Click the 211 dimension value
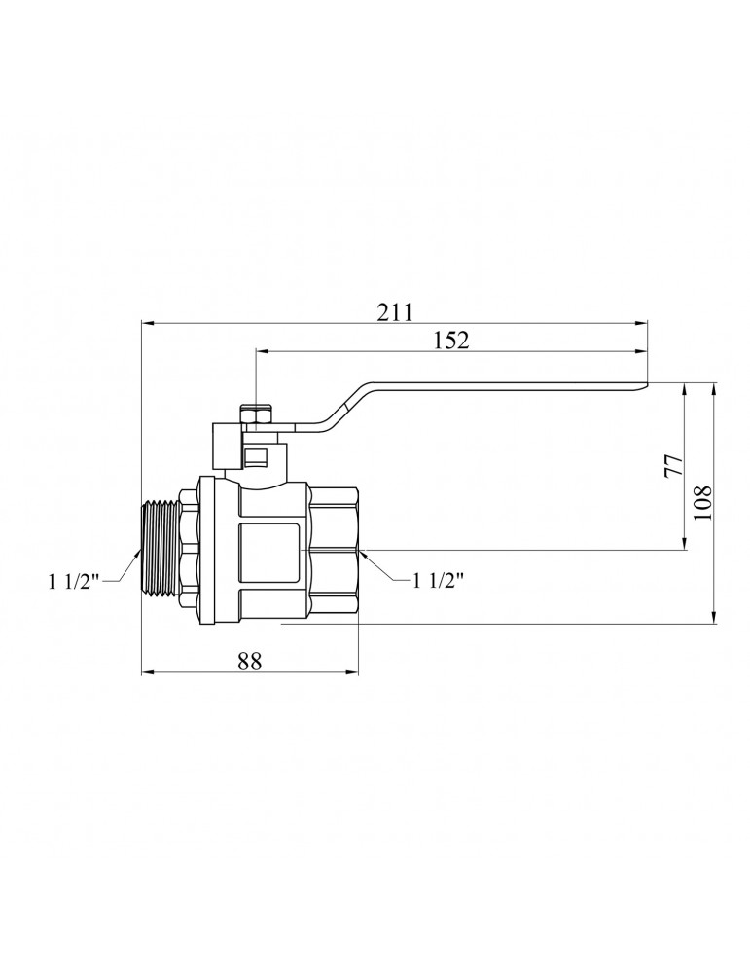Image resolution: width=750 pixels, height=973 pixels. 395,311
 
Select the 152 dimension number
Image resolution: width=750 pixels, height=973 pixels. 451,340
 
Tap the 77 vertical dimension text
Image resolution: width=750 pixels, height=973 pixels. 672,465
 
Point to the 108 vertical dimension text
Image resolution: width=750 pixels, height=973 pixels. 703,503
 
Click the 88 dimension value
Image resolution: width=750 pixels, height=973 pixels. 249,661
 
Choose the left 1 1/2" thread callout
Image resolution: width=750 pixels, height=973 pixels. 74,582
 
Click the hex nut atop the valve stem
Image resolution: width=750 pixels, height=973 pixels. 256,418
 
